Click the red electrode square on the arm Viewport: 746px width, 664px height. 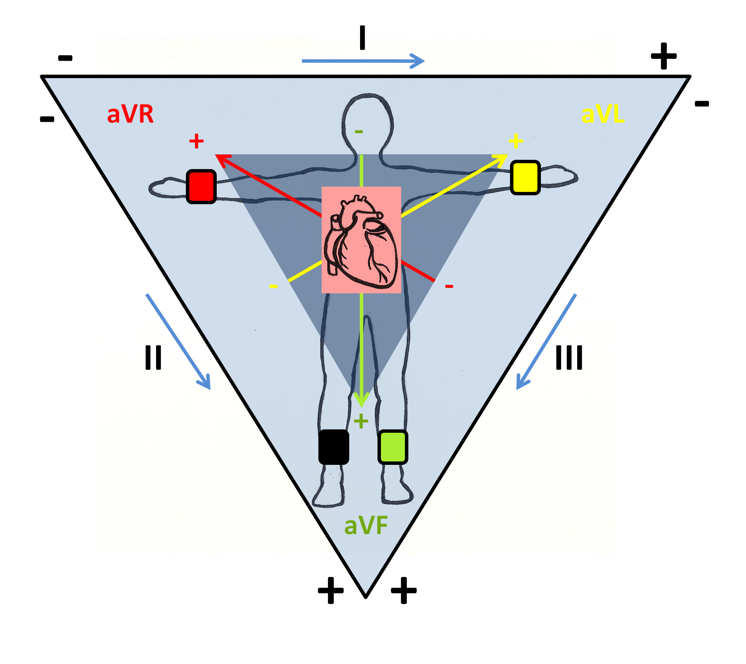201,186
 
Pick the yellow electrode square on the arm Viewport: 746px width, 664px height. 525,178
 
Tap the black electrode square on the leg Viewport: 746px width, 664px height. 334,447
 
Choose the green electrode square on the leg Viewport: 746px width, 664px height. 393,447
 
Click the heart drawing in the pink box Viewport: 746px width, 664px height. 361,242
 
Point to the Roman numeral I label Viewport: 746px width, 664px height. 362,38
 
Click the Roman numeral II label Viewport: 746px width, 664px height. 153,357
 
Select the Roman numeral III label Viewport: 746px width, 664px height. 569,357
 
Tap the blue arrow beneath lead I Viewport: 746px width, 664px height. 363,61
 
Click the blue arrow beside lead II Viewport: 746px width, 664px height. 178,341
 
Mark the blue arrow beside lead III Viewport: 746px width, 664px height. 547,341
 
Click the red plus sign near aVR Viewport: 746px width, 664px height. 196,141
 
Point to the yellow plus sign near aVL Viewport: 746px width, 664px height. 516,141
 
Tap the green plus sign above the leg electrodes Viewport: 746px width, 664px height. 361,421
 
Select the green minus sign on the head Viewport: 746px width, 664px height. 359,132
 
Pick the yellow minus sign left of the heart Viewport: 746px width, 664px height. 274,286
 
